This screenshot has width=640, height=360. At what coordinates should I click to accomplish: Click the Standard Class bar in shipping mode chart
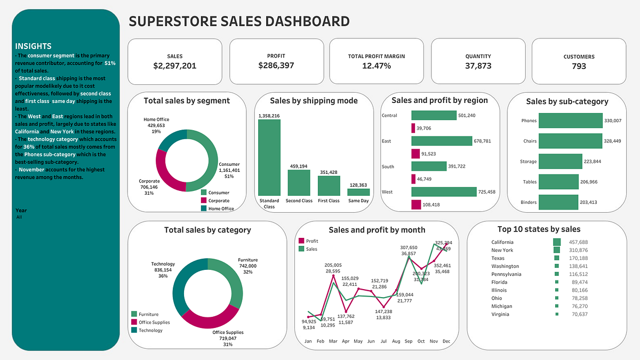tap(269, 157)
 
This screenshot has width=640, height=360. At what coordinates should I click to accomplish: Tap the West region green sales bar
tap(444, 191)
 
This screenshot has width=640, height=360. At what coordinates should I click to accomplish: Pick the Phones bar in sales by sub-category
tap(570, 121)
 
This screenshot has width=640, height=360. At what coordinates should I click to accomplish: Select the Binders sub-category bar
tap(558, 202)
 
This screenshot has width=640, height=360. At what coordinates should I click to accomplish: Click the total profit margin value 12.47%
tap(377, 66)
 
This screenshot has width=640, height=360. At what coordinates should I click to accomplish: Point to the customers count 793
tap(579, 66)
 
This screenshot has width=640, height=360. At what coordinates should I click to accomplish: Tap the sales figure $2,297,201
tap(174, 66)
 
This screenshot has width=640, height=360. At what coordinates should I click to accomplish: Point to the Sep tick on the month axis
tap(409, 341)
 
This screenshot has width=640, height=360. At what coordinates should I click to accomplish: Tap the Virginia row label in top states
tap(500, 314)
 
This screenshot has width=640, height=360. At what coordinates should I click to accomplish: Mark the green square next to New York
tap(557, 250)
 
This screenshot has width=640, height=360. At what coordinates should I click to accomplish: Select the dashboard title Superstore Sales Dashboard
tap(239, 21)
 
